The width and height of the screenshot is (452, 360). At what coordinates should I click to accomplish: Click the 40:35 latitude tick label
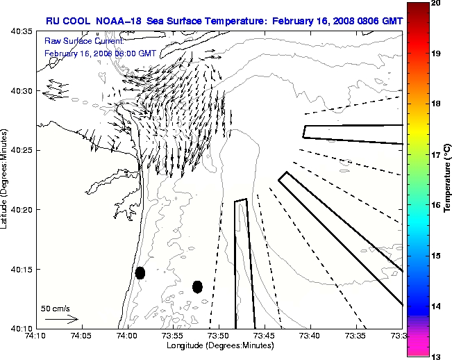tap(17, 31)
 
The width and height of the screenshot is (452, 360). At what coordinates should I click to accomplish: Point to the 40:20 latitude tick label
tap(17, 209)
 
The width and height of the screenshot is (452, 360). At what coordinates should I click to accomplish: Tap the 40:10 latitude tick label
tap(17, 327)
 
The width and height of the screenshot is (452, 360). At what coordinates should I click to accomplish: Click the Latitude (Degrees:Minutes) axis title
tap(5, 179)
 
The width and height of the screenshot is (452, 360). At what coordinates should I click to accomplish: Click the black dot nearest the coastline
tap(140, 272)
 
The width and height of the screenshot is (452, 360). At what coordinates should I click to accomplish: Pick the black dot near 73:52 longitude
tap(197, 286)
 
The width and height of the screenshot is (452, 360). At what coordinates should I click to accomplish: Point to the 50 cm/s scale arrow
tap(61, 319)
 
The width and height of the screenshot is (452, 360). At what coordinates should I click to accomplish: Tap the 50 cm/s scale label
tap(55, 308)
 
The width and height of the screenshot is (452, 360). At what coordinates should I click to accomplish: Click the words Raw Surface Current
tap(75, 41)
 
